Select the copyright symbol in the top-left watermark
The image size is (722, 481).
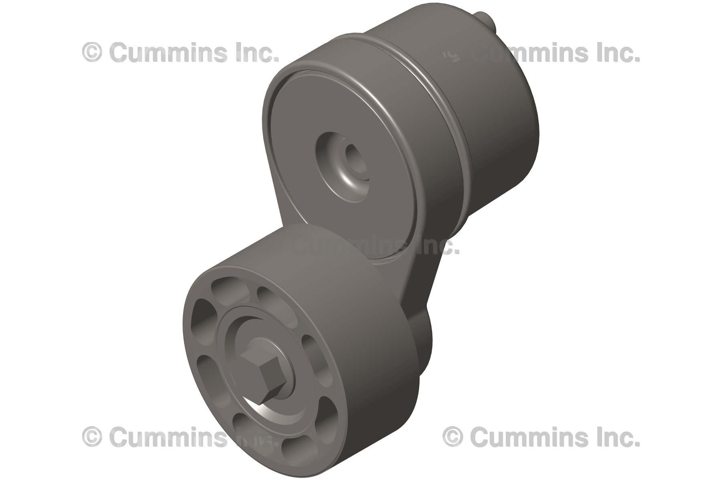click(x=92, y=53)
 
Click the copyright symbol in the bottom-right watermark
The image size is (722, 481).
click(x=453, y=437)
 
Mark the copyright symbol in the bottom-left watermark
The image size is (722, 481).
click(x=92, y=437)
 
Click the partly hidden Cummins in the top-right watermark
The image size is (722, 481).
click(x=533, y=53)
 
